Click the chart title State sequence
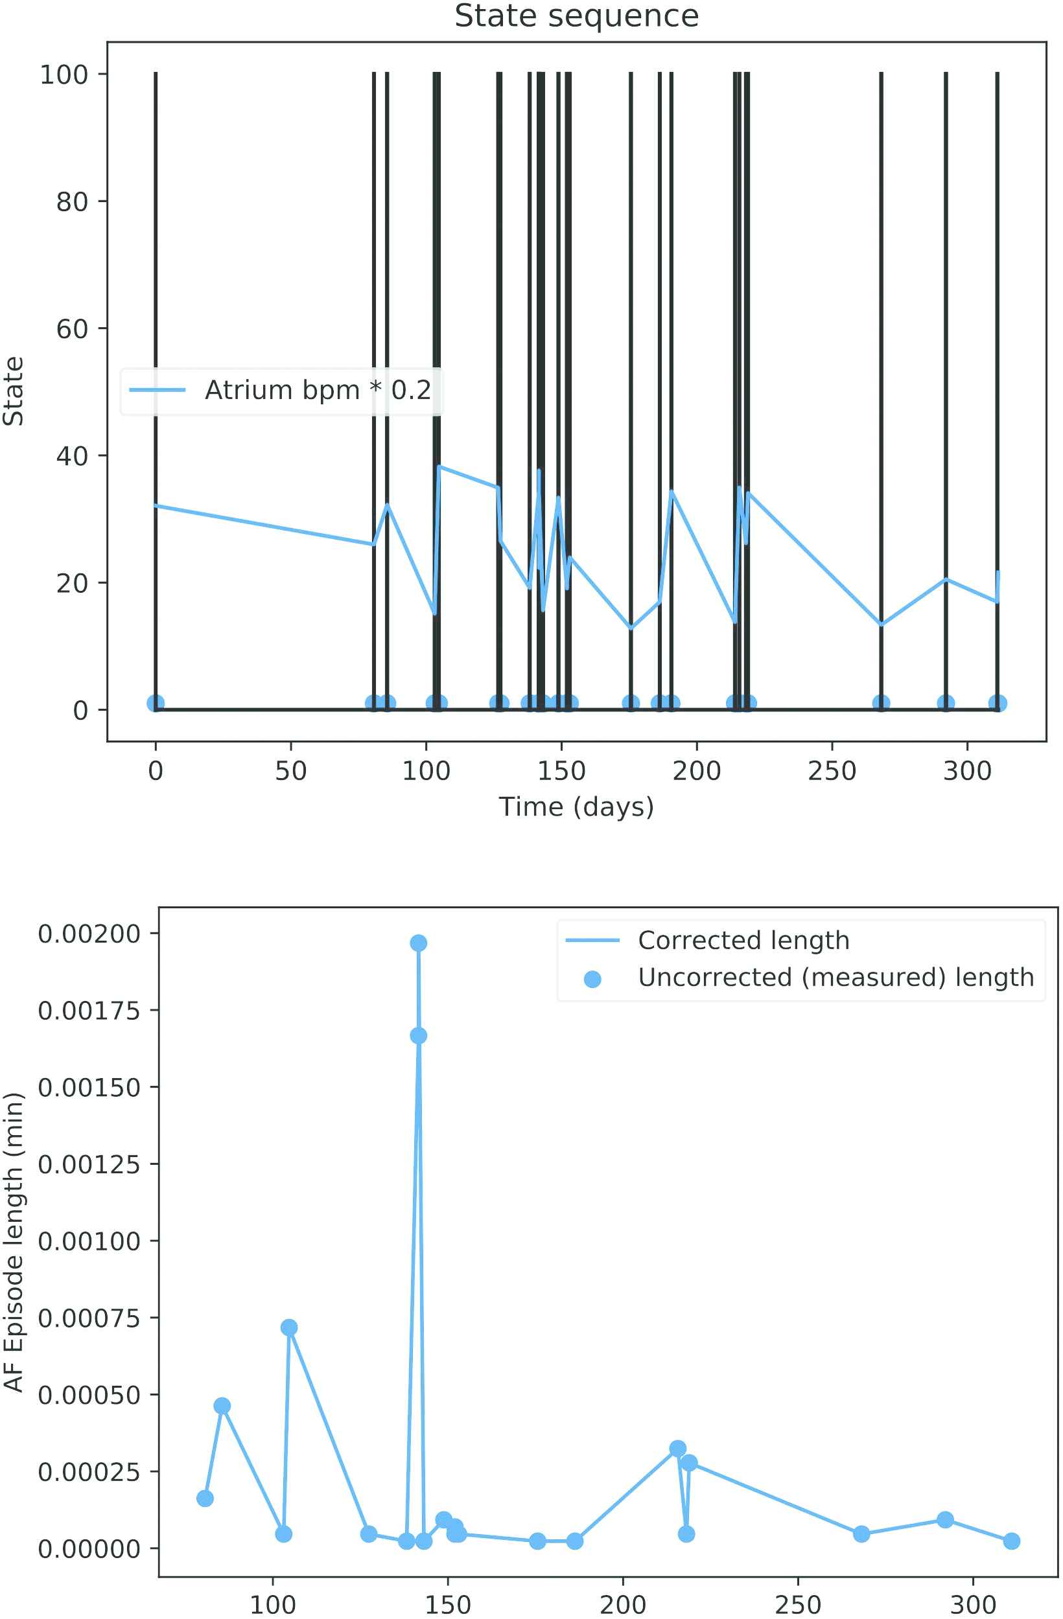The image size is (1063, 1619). pyautogui.click(x=576, y=16)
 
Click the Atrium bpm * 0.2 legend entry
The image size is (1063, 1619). pyautogui.click(x=317, y=390)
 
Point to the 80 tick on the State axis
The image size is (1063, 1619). pyautogui.click(x=71, y=201)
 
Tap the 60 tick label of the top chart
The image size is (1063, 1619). pyautogui.click(x=71, y=328)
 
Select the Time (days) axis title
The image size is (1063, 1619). pyautogui.click(x=576, y=807)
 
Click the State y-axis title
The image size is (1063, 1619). pyautogui.click(x=14, y=391)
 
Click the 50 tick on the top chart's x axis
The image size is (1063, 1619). pyautogui.click(x=290, y=771)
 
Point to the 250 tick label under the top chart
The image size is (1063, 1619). pyautogui.click(x=832, y=771)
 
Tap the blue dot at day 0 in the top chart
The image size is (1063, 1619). pyautogui.click(x=155, y=704)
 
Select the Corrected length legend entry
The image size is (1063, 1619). pyautogui.click(x=743, y=940)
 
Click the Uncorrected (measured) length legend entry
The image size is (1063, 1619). pyautogui.click(x=835, y=978)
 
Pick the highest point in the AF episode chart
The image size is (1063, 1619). pyautogui.click(x=419, y=943)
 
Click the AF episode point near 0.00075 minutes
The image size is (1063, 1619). pyautogui.click(x=289, y=1327)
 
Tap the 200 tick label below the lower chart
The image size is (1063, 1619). pyautogui.click(x=623, y=1604)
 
